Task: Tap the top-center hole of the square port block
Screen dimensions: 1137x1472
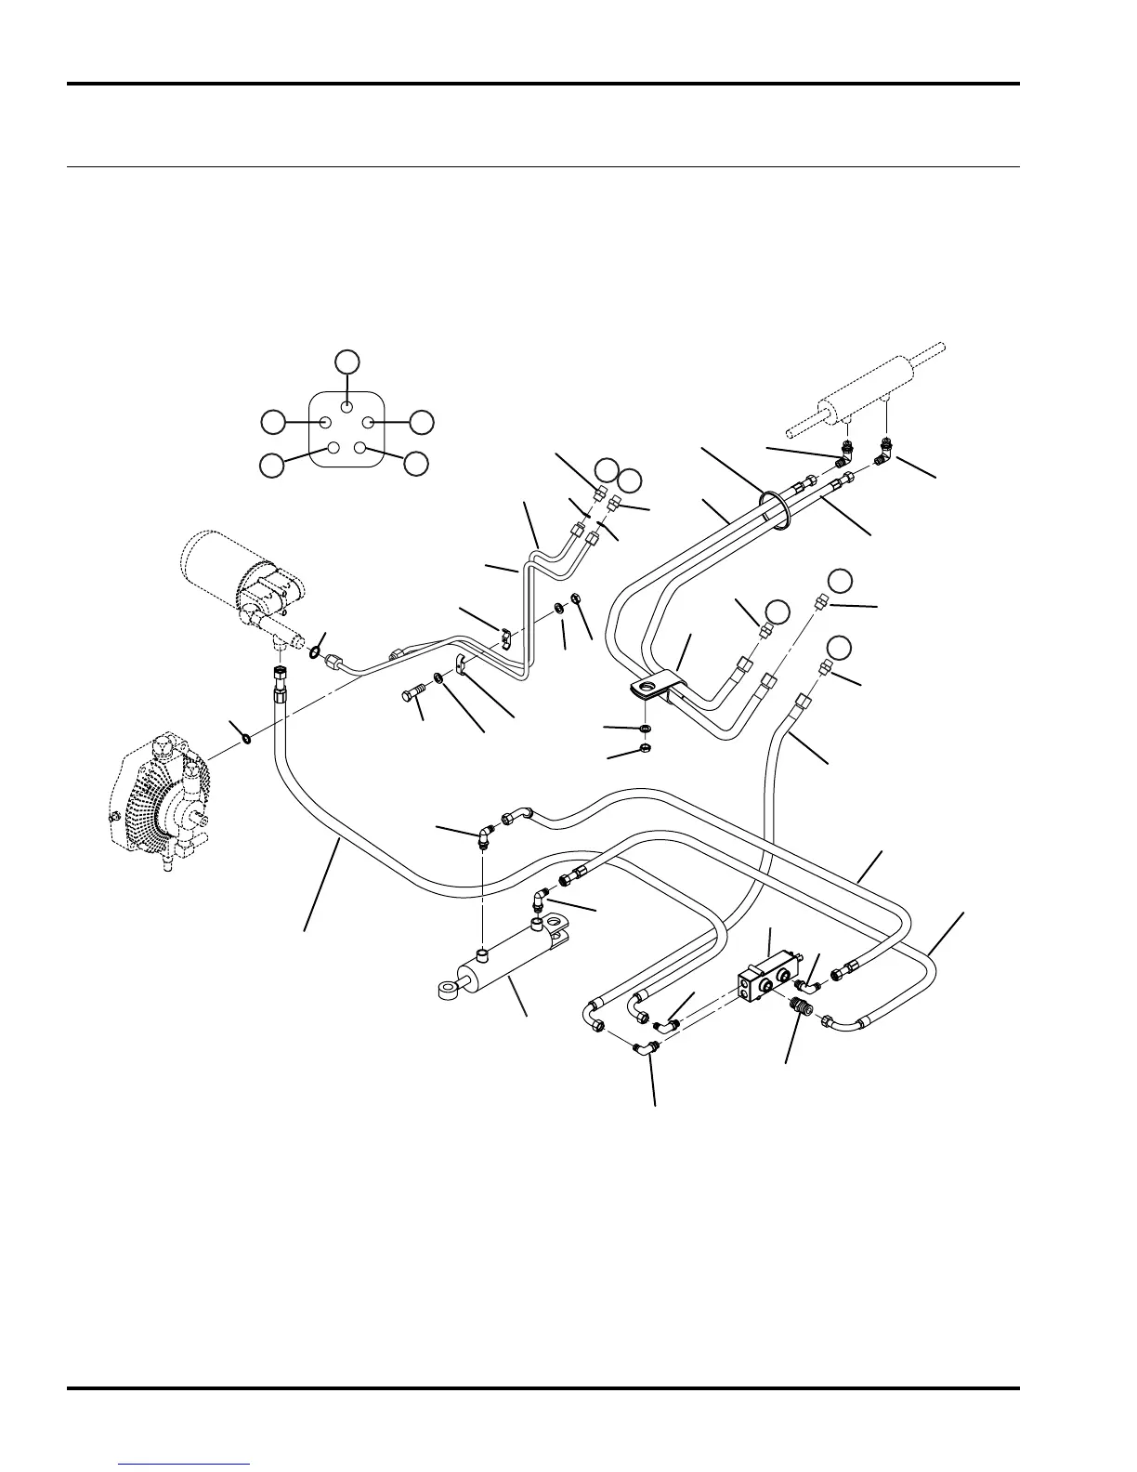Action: [346, 406]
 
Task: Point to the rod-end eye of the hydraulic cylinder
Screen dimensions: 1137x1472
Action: [447, 990]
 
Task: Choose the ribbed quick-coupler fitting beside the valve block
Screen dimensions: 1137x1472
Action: [801, 1006]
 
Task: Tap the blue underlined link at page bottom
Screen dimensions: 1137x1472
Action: [185, 1465]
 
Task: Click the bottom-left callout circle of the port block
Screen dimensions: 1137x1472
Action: [271, 465]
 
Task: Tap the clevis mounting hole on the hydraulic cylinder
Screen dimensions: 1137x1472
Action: [559, 925]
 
